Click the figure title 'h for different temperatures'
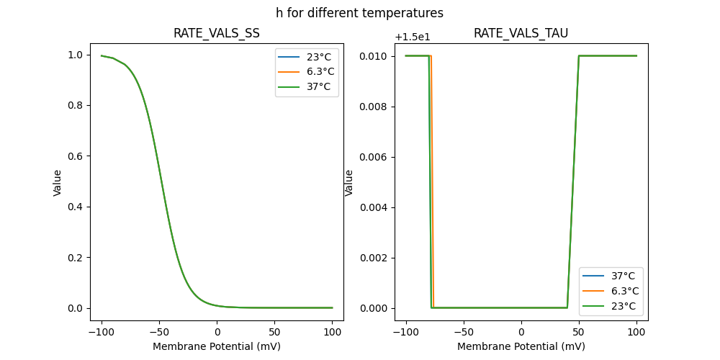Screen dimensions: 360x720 point(359,13)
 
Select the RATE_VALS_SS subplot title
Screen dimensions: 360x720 point(217,33)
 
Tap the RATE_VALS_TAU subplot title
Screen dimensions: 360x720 point(521,33)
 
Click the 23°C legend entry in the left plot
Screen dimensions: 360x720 point(318,56)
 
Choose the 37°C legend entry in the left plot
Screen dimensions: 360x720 point(318,86)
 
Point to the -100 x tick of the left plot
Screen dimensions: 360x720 point(102,333)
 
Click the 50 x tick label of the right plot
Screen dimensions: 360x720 point(579,333)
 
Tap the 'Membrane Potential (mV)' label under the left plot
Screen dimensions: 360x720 point(217,346)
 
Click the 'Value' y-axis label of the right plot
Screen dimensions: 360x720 point(349,183)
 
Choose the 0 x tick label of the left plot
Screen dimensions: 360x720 point(217,333)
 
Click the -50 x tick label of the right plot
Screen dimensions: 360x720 point(463,333)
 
